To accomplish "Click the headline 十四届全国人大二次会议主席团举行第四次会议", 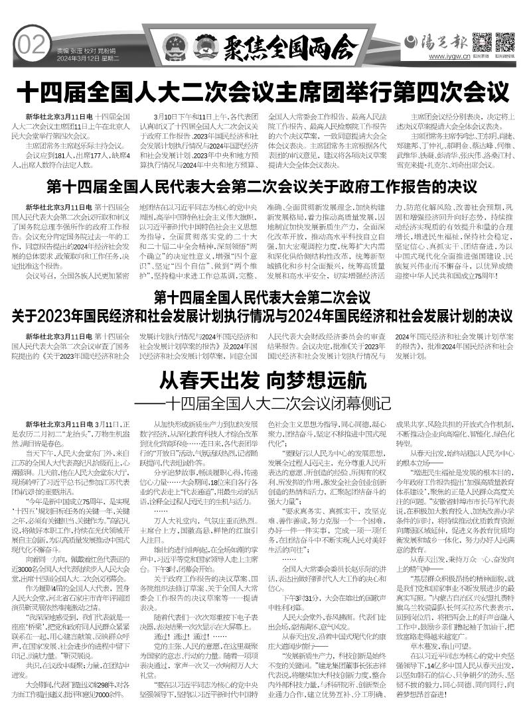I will pyautogui.click(x=265, y=90).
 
